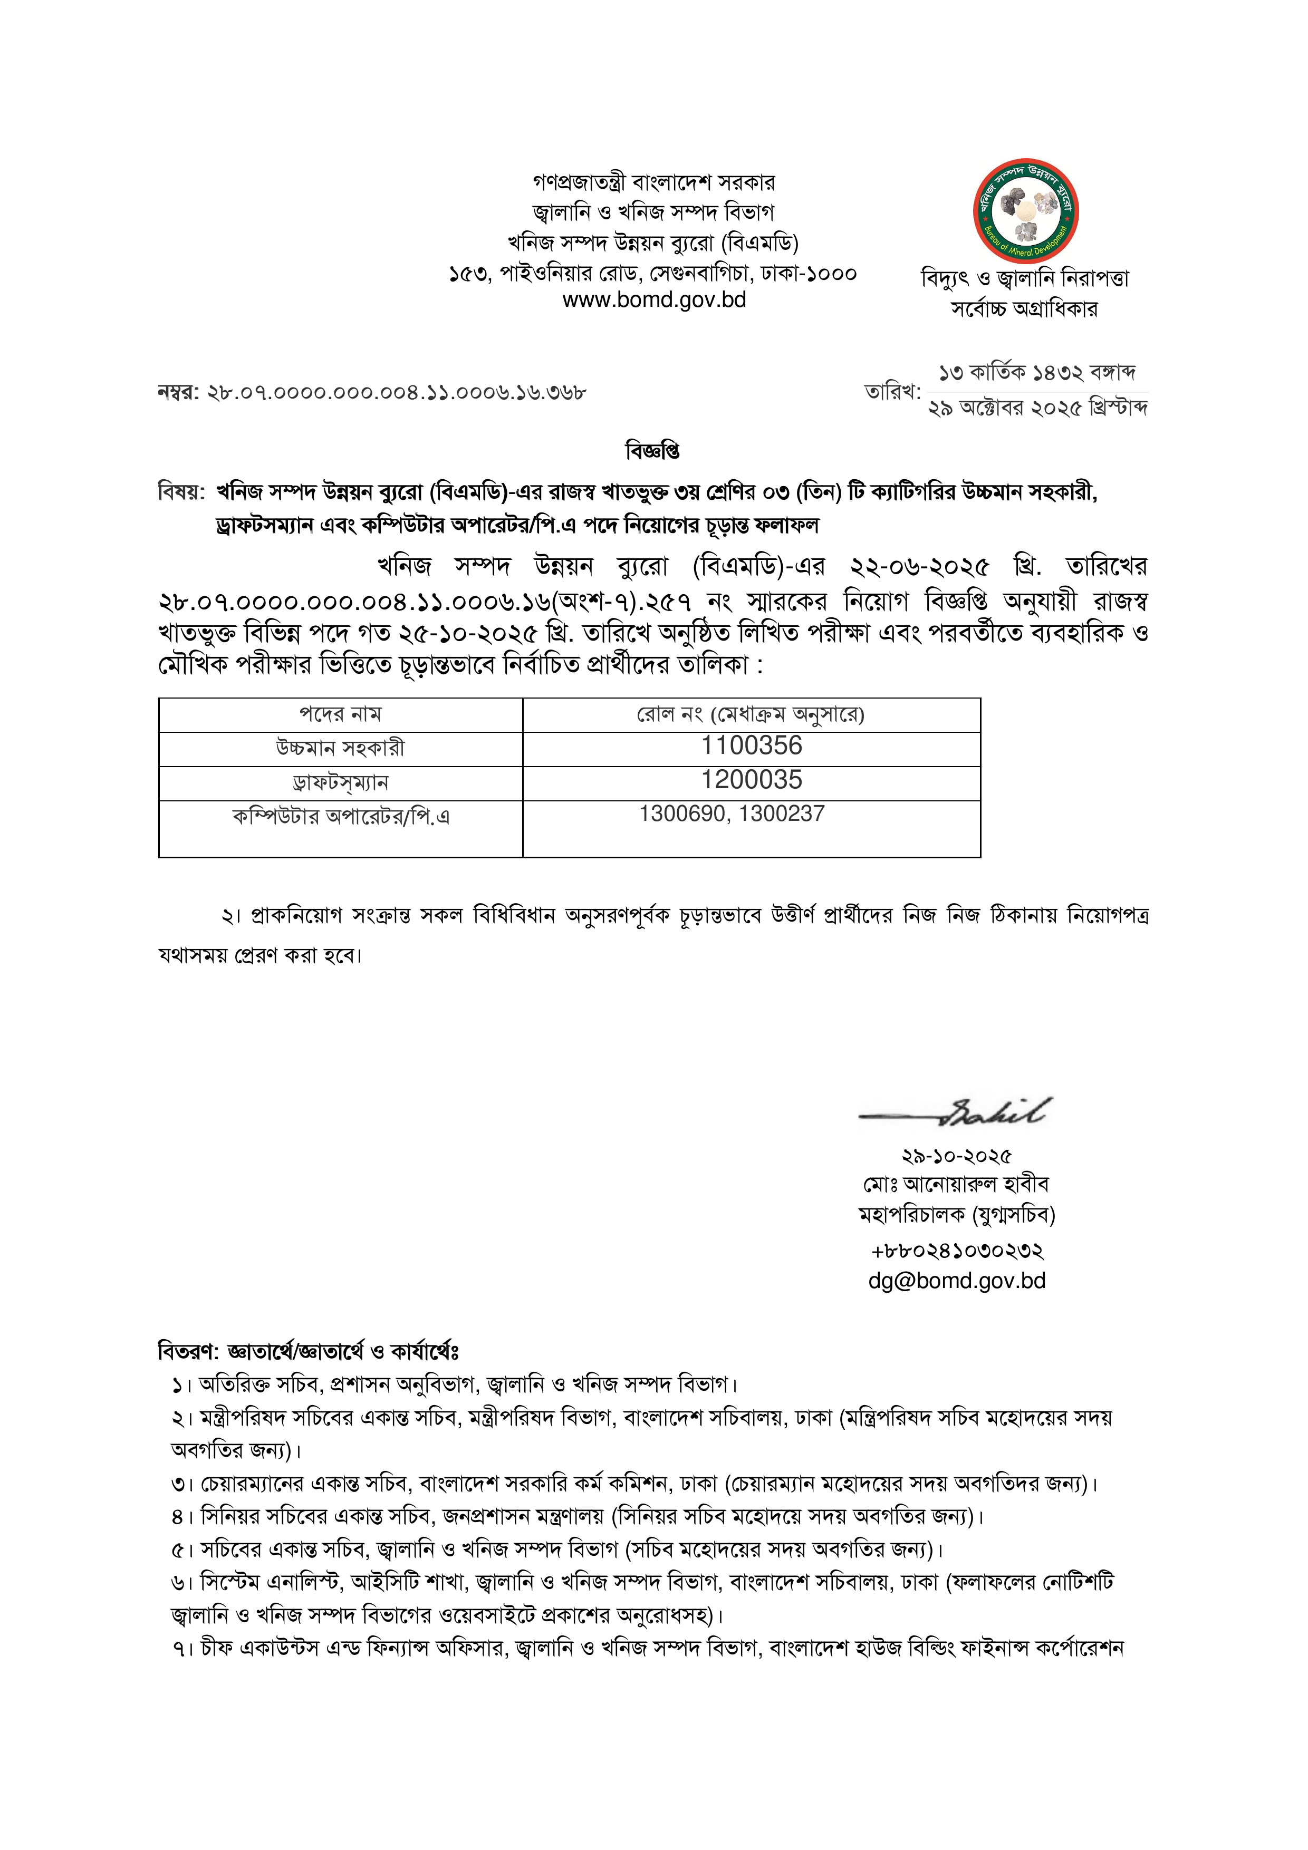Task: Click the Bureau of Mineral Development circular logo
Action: pyautogui.click(x=1025, y=211)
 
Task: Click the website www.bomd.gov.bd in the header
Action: pyautogui.click(x=653, y=301)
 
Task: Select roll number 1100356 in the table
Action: pyautogui.click(x=751, y=746)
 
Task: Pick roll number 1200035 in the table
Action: pyautogui.click(x=751, y=780)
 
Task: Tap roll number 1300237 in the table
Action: pyautogui.click(x=782, y=814)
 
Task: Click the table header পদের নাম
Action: pyautogui.click(x=340, y=715)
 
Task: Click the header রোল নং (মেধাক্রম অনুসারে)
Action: pyautogui.click(x=751, y=715)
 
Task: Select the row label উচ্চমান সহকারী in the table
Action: pyautogui.click(x=340, y=749)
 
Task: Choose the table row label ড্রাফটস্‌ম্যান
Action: pyautogui.click(x=340, y=782)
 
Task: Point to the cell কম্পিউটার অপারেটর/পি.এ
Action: pyautogui.click(x=340, y=817)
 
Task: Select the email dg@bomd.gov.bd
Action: pyautogui.click(x=957, y=1281)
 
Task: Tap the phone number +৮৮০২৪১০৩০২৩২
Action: pyautogui.click(x=957, y=1251)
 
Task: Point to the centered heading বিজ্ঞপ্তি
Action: pyautogui.click(x=653, y=451)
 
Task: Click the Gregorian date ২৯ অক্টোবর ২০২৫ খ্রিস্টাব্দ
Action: pyautogui.click(x=1038, y=409)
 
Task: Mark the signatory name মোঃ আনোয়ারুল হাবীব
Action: pyautogui.click(x=957, y=1185)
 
